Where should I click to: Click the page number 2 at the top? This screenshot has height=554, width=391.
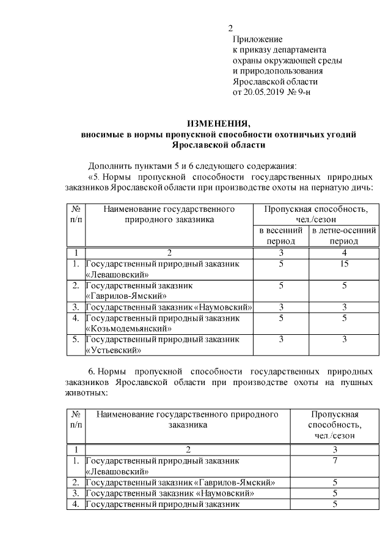pos(230,28)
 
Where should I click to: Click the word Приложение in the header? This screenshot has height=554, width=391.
pos(257,39)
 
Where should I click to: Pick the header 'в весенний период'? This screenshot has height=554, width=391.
pos(281,236)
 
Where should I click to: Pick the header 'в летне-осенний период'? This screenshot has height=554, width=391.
pos(343,236)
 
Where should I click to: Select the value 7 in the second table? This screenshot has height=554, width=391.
pos(335,460)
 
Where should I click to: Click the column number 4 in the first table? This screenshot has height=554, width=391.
pos(343,252)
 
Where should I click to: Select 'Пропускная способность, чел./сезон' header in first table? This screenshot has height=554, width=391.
pos(315,214)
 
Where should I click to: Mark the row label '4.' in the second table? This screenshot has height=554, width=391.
pos(75,504)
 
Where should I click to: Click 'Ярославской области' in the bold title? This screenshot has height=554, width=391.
pos(218,144)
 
